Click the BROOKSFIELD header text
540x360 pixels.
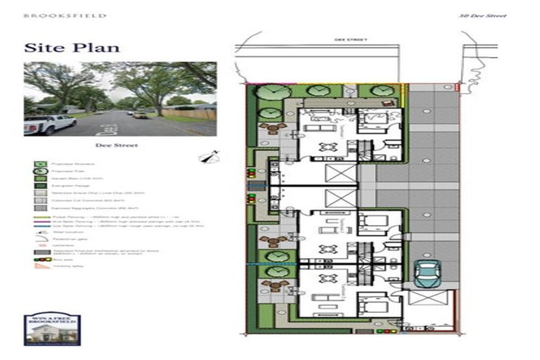(x=64, y=15)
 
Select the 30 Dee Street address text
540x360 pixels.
(x=482, y=15)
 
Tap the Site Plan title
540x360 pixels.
(x=72, y=48)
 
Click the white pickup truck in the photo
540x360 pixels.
(x=50, y=124)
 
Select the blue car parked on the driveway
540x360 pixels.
(x=427, y=273)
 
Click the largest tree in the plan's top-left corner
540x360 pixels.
(x=272, y=92)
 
